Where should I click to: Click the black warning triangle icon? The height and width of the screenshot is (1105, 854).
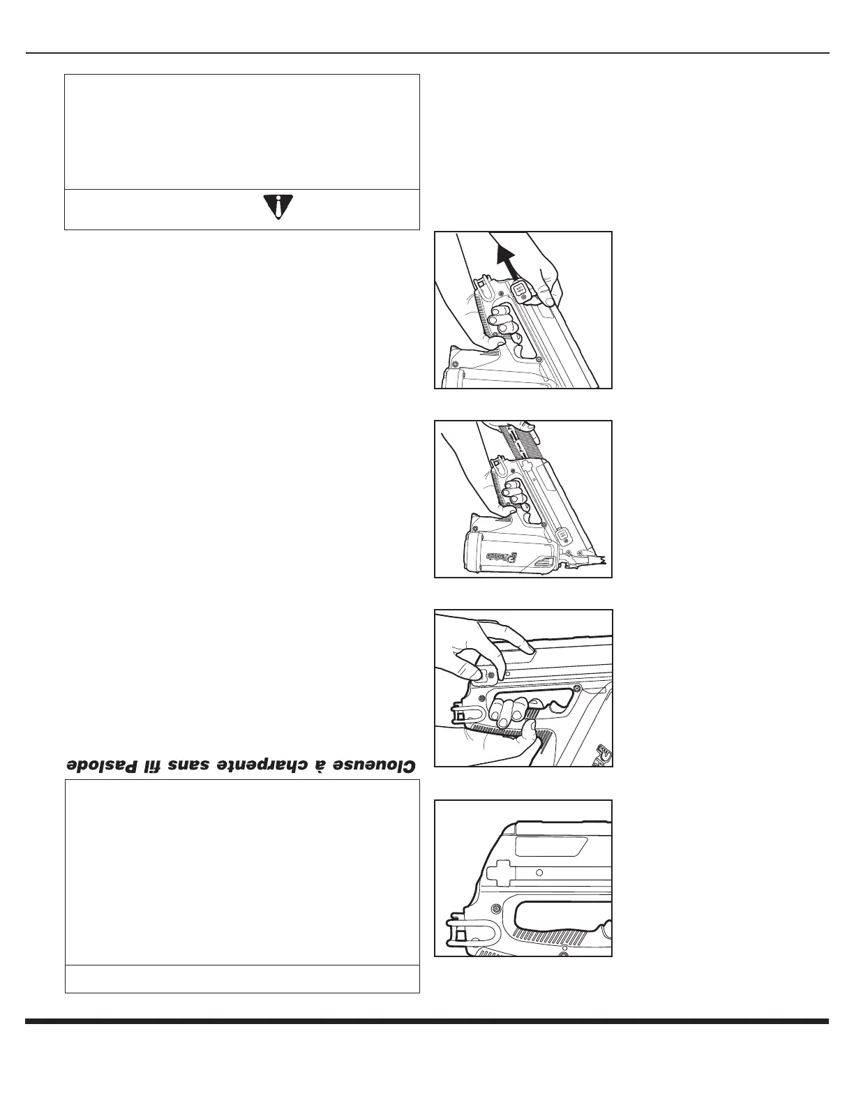[278, 207]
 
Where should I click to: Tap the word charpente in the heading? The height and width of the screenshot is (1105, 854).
[271, 764]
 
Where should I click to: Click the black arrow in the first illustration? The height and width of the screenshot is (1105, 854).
[507, 258]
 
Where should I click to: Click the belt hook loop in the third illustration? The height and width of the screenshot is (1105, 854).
[460, 716]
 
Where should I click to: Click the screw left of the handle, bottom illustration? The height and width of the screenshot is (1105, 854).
[495, 908]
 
